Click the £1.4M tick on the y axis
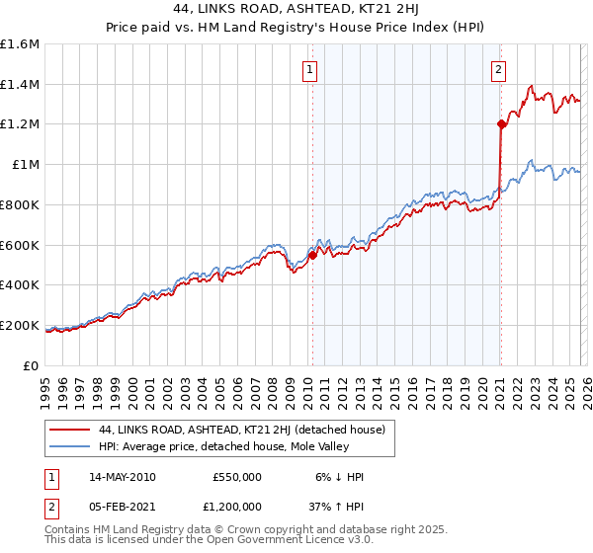(x=20, y=85)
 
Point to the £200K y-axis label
(x=20, y=325)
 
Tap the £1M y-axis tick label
(x=25, y=165)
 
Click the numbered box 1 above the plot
(x=310, y=69)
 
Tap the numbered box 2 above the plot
(x=498, y=69)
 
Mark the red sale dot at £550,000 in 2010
(x=313, y=255)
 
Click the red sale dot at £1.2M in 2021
(x=501, y=124)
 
